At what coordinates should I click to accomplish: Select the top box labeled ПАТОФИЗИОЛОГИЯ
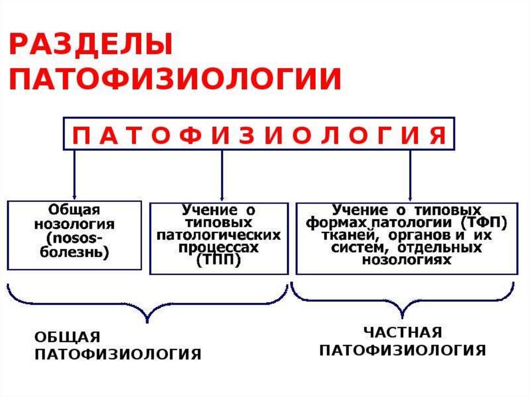pos(259,134)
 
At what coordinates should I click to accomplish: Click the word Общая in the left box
pos(74,210)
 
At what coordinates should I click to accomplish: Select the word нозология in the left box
pos(74,225)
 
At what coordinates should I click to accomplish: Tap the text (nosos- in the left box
pos(74,239)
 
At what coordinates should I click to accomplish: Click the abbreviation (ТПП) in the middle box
pos(218,261)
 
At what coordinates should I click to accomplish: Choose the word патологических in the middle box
pos(218,236)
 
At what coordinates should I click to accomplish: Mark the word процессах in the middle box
pos(218,248)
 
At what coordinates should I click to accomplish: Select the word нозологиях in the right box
pos(406,260)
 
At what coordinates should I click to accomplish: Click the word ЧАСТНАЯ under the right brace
pos(402,332)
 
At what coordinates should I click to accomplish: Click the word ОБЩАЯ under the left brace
pos(67,337)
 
